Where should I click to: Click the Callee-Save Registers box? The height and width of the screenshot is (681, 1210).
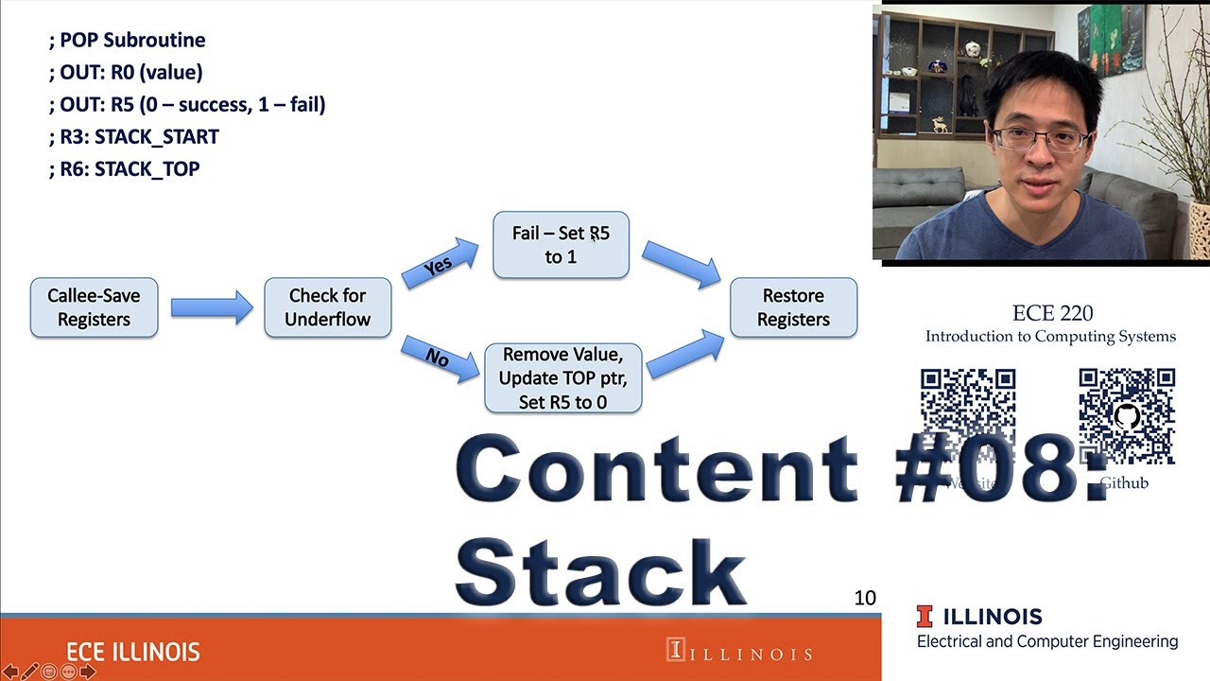click(x=94, y=307)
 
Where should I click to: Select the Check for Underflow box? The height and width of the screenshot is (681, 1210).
click(x=327, y=307)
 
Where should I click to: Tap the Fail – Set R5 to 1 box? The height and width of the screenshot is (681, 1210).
click(x=561, y=245)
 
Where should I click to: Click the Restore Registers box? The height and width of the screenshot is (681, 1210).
click(x=793, y=307)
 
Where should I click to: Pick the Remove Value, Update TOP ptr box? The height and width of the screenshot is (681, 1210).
click(x=562, y=378)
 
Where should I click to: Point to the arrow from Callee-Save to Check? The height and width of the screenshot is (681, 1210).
click(x=211, y=307)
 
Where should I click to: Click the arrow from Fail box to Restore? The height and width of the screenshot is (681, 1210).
click(x=681, y=264)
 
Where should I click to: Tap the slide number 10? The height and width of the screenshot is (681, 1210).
click(x=865, y=598)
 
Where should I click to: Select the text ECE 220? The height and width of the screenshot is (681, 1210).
click(x=1052, y=313)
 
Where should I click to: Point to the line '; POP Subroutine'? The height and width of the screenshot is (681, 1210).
click(x=127, y=40)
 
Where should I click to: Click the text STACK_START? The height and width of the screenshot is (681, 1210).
click(x=157, y=136)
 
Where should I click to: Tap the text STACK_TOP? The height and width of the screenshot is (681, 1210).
click(x=147, y=168)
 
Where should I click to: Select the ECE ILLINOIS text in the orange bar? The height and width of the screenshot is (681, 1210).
click(x=133, y=652)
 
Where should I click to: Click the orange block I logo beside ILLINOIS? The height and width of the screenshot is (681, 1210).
click(x=925, y=617)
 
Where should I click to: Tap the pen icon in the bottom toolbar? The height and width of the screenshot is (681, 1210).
click(x=30, y=672)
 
